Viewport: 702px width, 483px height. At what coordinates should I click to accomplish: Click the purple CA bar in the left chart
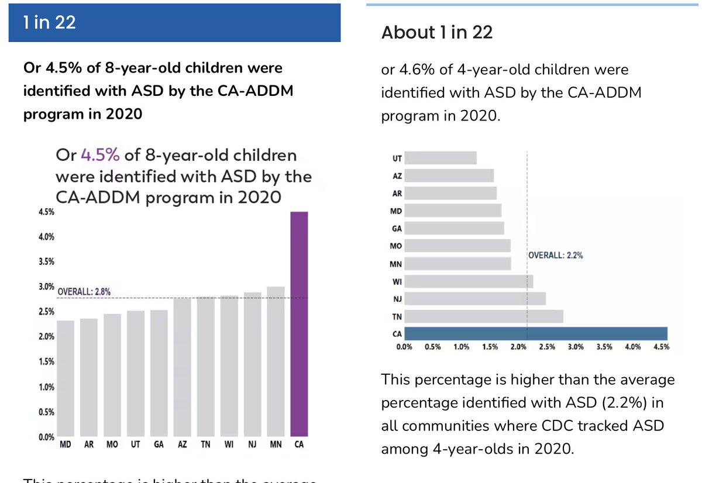[x=298, y=325]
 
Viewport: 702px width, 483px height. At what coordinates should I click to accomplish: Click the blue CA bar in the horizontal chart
[x=536, y=334]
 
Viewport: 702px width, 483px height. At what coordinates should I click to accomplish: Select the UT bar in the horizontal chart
[x=441, y=158]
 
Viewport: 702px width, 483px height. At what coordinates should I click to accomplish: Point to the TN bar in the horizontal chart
[x=484, y=316]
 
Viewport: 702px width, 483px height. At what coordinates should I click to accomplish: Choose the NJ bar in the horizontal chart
[x=475, y=299]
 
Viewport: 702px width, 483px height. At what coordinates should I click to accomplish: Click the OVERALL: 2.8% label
[x=84, y=291]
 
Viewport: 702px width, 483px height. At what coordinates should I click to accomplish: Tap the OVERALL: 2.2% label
[x=556, y=255]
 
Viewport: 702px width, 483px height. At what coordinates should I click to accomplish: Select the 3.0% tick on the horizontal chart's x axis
[x=576, y=347]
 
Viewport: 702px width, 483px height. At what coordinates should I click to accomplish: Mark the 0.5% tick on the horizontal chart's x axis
[x=433, y=347]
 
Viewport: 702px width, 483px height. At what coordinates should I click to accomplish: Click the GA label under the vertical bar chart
[x=159, y=446]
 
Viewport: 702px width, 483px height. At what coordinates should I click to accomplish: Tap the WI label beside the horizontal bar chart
[x=397, y=281]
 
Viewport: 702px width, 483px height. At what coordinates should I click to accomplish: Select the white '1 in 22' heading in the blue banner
[x=50, y=22]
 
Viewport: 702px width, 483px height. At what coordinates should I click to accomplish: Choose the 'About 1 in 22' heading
[x=437, y=33]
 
